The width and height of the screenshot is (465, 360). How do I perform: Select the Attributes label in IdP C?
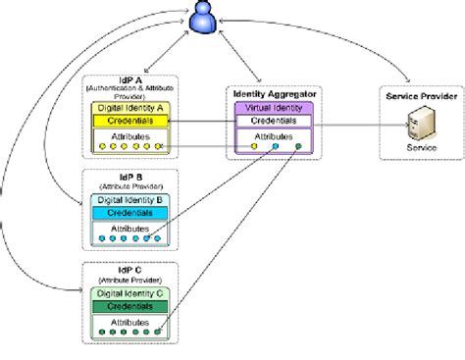click(129, 321)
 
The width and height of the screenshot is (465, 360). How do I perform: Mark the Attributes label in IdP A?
click(129, 135)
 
